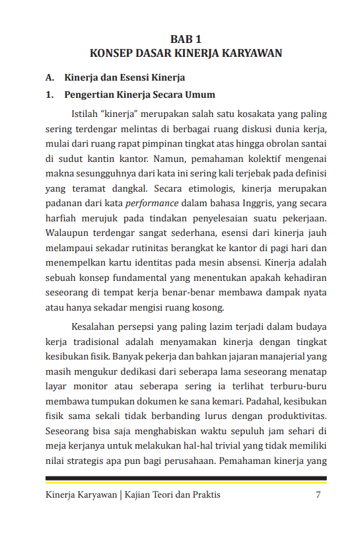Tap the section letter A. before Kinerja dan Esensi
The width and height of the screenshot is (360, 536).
(49, 78)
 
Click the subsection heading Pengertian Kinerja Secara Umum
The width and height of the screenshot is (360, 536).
(139, 95)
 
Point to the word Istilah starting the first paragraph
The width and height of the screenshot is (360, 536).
(85, 114)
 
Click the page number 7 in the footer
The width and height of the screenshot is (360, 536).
(318, 495)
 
